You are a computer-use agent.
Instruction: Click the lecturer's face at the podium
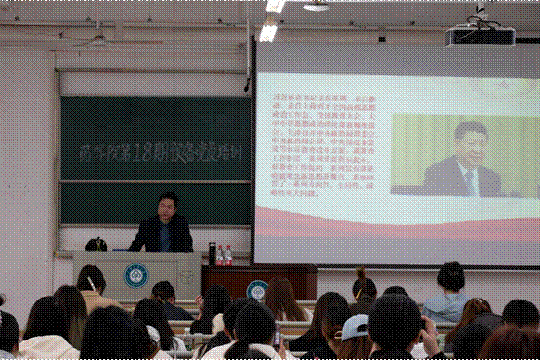pos(167,209)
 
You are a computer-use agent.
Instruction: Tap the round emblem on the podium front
pos(135,274)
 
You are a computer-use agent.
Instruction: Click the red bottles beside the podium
pos(224,256)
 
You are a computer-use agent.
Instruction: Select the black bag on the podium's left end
pos(96,244)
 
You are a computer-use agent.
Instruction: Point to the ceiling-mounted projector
pos(480,35)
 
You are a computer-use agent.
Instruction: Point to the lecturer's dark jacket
pos(162,235)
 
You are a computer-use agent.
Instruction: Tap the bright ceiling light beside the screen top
pos(267,32)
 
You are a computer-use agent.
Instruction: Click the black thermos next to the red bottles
pos(211,254)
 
